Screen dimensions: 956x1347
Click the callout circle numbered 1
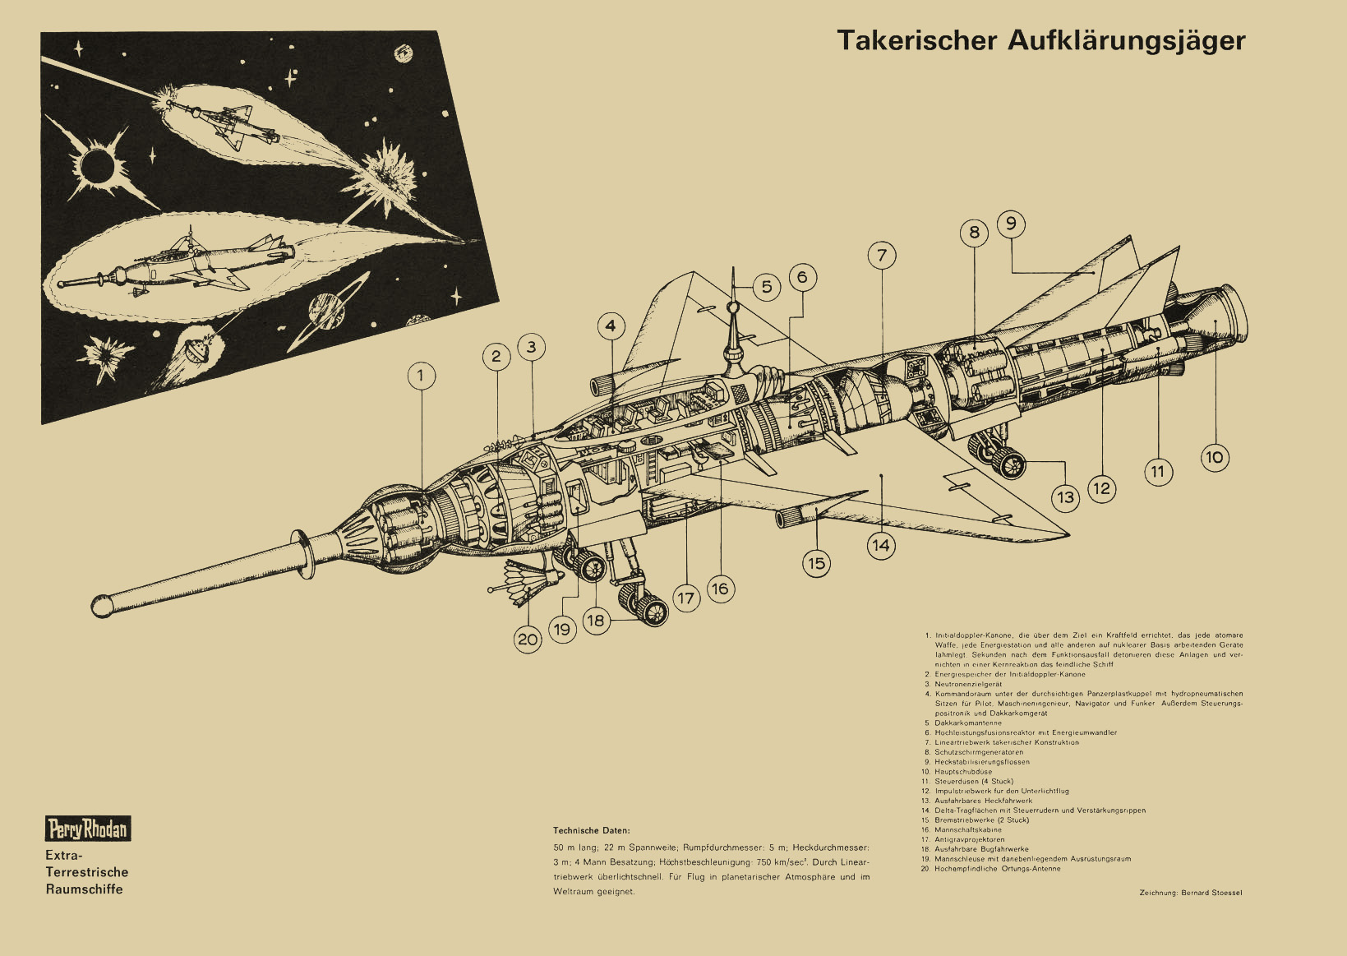pyautogui.click(x=421, y=376)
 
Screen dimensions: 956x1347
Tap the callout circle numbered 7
pyautogui.click(x=882, y=256)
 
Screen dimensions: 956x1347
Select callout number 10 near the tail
pyautogui.click(x=1214, y=457)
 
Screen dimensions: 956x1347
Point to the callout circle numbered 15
pyautogui.click(x=816, y=563)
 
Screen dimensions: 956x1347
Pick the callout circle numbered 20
pyautogui.click(x=528, y=640)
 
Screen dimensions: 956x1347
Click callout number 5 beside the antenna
pyautogui.click(x=767, y=287)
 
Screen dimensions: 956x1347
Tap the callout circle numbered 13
pyautogui.click(x=1066, y=496)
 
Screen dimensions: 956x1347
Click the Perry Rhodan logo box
pyautogui.click(x=88, y=829)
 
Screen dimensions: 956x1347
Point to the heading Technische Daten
pyautogui.click(x=592, y=831)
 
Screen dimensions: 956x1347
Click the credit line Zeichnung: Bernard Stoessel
pyautogui.click(x=1191, y=893)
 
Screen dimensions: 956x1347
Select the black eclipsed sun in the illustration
pyautogui.click(x=98, y=167)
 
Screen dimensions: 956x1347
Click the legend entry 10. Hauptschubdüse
pyautogui.click(x=962, y=772)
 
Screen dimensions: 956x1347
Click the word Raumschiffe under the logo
pyautogui.click(x=84, y=889)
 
